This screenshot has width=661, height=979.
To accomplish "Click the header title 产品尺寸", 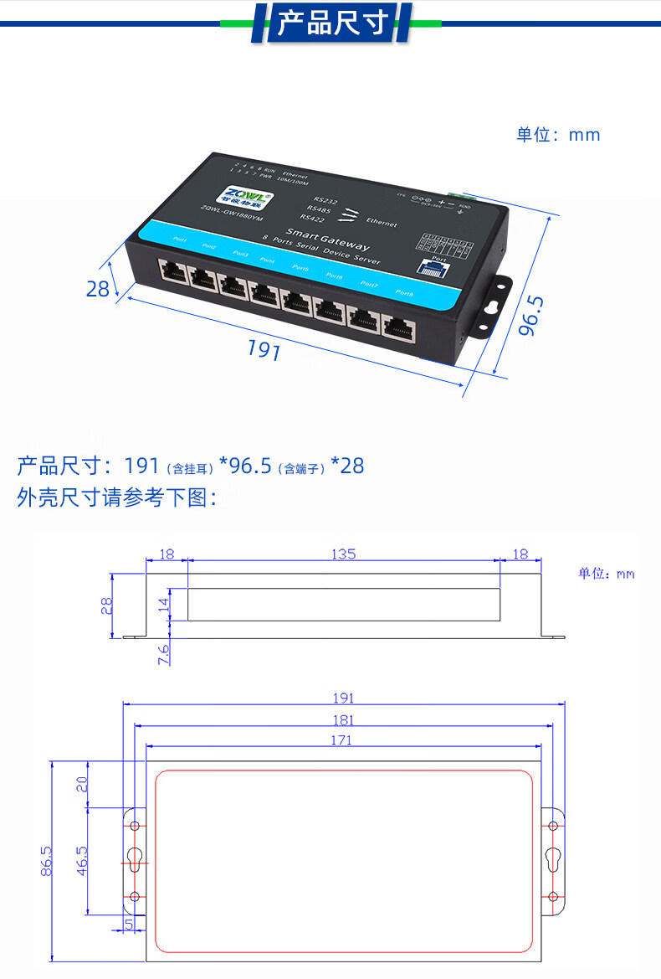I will [x=332, y=23].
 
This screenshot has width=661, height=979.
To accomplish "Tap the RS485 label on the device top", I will [x=319, y=211].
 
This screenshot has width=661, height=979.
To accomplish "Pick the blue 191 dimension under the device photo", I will [x=263, y=350].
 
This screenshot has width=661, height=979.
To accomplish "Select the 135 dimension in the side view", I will [x=343, y=554].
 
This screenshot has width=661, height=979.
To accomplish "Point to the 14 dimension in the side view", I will [x=164, y=604].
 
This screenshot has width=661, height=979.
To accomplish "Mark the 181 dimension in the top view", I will [x=343, y=719].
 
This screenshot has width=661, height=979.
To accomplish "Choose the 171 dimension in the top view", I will [x=341, y=739].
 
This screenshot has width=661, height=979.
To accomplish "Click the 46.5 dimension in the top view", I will [x=81, y=861].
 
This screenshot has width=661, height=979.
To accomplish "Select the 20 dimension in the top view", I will [x=81, y=785].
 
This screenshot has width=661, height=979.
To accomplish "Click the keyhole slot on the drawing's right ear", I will [x=553, y=860].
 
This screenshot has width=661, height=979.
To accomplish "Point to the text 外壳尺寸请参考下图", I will [x=117, y=498].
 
